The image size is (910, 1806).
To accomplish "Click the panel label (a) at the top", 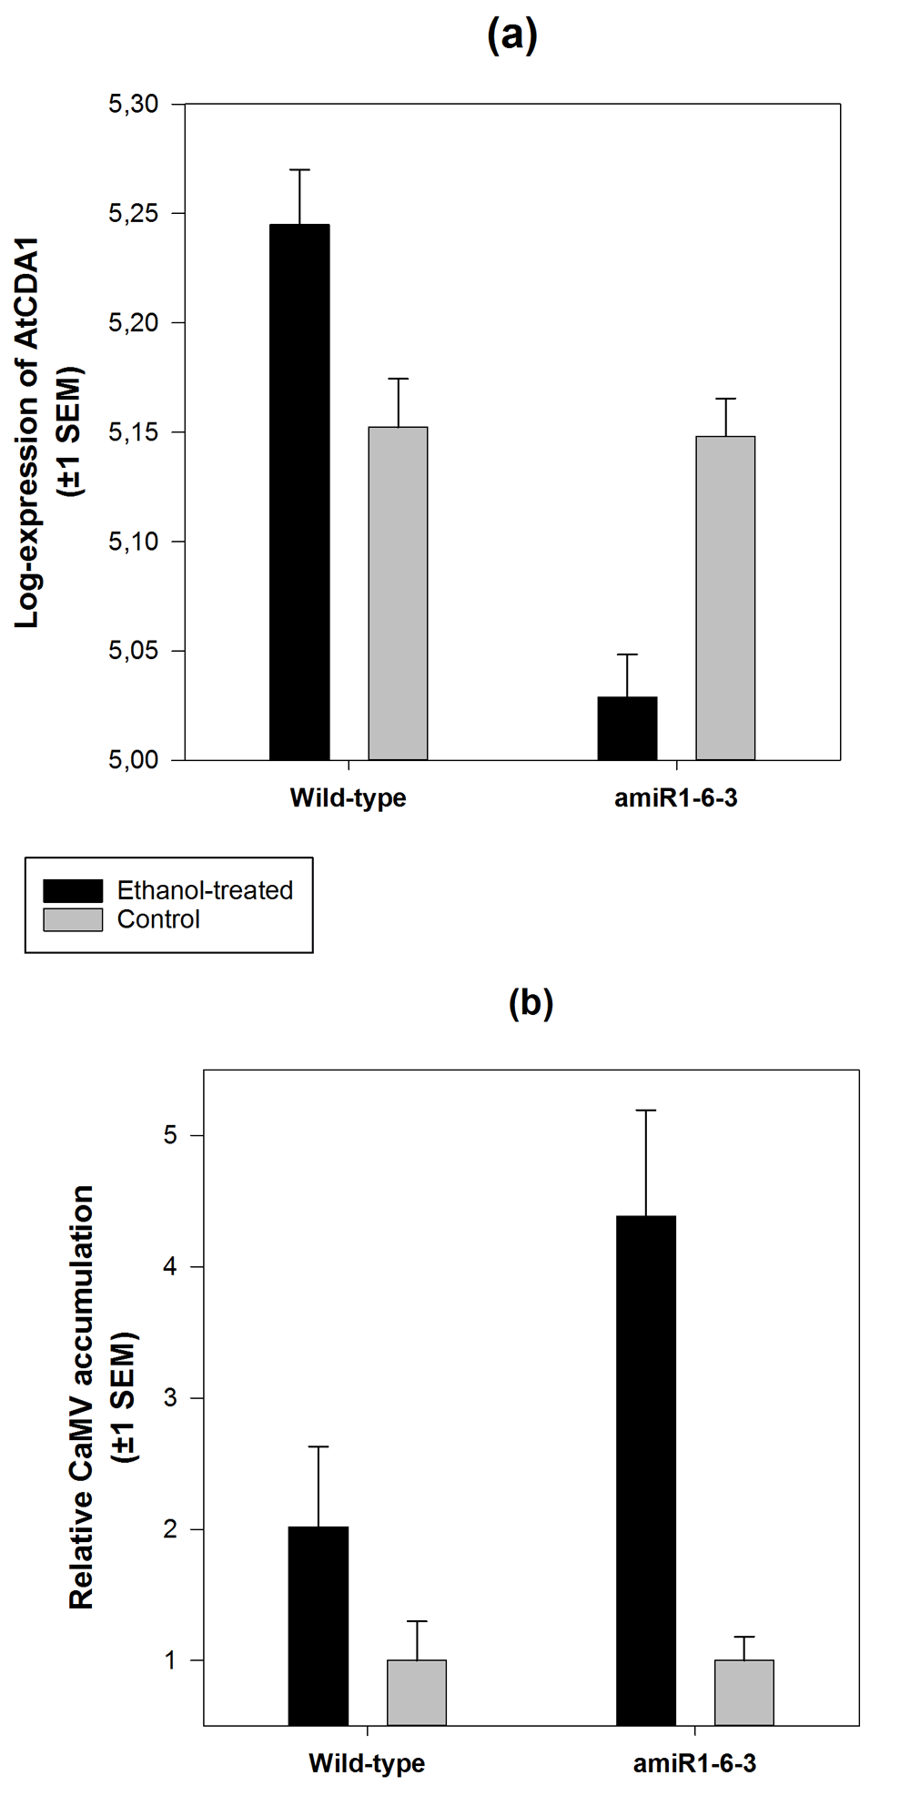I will [512, 36].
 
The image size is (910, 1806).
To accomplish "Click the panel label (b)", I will [531, 1002].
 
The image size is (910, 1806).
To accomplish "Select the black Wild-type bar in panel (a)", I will [299, 492].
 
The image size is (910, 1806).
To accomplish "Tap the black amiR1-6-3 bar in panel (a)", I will [627, 728].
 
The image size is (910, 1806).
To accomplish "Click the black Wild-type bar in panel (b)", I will [318, 1626].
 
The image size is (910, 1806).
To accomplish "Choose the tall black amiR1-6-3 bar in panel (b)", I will [646, 1470].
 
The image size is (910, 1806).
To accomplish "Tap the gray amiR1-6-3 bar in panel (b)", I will [744, 1692].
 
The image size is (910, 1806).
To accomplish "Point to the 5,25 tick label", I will [134, 214].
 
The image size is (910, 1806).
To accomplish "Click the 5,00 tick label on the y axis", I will [134, 760].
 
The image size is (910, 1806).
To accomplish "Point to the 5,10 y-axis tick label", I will [134, 542].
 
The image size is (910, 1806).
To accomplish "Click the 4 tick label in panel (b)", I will [170, 1266].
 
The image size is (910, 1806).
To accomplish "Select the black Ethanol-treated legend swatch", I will [73, 890].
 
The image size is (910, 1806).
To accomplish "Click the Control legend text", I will [158, 919].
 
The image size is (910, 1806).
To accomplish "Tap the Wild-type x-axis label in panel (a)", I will [348, 798].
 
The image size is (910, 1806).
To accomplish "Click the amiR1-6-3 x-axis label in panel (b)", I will [694, 1763].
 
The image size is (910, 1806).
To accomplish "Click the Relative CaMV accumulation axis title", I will [82, 1397].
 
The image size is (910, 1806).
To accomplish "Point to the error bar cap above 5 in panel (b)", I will [646, 1111].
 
